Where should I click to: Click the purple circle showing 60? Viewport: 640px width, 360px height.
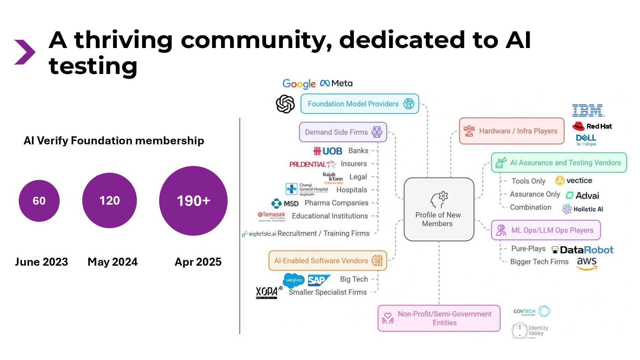pyautogui.click(x=39, y=201)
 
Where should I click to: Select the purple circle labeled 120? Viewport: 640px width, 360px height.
pyautogui.click(x=109, y=200)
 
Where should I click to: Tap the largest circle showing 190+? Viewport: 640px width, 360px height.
pyautogui.click(x=193, y=201)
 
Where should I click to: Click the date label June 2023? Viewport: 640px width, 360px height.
pyautogui.click(x=41, y=262)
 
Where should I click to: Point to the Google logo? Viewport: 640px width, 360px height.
pyautogui.click(x=299, y=84)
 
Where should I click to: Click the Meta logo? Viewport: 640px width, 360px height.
pyautogui.click(x=336, y=83)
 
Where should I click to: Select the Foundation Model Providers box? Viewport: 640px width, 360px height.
pyautogui.click(x=359, y=104)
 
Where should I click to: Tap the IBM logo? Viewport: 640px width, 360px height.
pyautogui.click(x=588, y=110)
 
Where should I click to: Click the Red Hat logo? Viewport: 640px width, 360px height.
pyautogui.click(x=592, y=126)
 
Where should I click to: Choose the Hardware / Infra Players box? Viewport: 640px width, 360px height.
pyautogui.click(x=511, y=131)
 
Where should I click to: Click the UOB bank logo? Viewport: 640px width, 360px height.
pyautogui.click(x=328, y=151)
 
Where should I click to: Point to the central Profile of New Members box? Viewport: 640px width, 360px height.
pyautogui.click(x=439, y=209)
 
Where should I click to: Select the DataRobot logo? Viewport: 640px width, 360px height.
pyautogui.click(x=583, y=250)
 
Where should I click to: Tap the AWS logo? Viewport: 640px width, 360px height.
pyautogui.click(x=587, y=263)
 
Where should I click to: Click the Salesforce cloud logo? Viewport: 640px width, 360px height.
pyautogui.click(x=293, y=280)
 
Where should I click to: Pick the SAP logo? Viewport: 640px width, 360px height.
pyautogui.click(x=318, y=280)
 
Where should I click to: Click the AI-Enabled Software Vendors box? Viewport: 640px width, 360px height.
pyautogui.click(x=328, y=260)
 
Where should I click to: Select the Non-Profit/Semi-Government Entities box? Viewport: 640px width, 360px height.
pyautogui.click(x=439, y=318)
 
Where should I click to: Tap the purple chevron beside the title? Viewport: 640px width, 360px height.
pyautogui.click(x=24, y=52)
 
